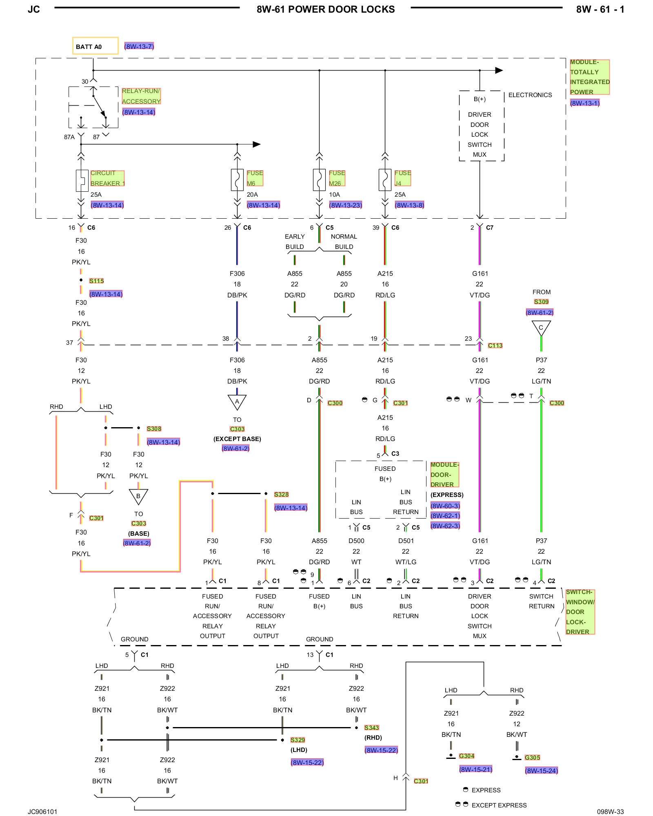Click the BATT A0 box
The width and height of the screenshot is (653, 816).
tap(96, 46)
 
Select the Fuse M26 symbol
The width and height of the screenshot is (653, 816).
tap(319, 180)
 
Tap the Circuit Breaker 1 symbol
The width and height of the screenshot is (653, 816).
tap(82, 180)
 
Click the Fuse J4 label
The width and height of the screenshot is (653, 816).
tap(402, 178)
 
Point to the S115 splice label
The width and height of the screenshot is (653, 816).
tap(96, 281)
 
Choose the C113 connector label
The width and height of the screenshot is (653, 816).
tap(495, 346)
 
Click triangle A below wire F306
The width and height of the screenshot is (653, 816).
tap(237, 402)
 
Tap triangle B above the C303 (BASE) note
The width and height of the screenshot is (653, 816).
tap(138, 497)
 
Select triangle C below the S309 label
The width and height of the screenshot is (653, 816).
tap(541, 328)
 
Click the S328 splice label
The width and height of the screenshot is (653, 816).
tap(281, 494)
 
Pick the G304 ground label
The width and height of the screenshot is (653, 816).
tap(466, 756)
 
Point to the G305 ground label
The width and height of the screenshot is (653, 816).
tap(532, 758)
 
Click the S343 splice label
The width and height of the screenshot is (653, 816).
tap(371, 727)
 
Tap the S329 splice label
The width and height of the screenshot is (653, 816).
tap(298, 740)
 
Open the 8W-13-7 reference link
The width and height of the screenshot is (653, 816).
tap(139, 47)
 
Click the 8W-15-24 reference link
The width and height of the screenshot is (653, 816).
tap(541, 771)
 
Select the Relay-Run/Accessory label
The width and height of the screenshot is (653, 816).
tap(141, 96)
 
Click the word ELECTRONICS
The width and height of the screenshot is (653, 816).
tap(530, 95)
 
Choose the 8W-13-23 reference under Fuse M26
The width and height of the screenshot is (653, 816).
tap(346, 205)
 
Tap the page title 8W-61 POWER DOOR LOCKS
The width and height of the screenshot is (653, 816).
tap(326, 9)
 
